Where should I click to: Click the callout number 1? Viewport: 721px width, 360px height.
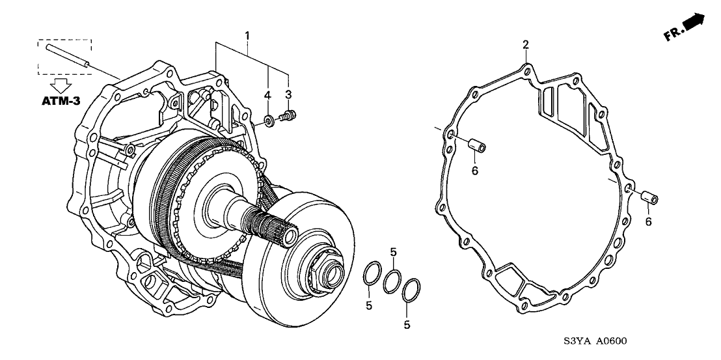pos(247,34)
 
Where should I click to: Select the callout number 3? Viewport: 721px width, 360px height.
pos(288,95)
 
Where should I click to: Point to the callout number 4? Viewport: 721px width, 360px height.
pos(267,96)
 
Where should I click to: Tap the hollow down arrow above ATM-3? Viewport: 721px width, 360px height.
pos(62,85)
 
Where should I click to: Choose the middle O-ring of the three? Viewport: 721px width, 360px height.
pos(392,281)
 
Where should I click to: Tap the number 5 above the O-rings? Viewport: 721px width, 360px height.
pos(392,252)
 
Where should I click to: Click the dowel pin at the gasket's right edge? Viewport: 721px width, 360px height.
pos(647,198)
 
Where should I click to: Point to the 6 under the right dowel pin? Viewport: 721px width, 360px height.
pos(649,222)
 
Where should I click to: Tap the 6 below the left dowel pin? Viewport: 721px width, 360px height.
pos(474,171)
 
